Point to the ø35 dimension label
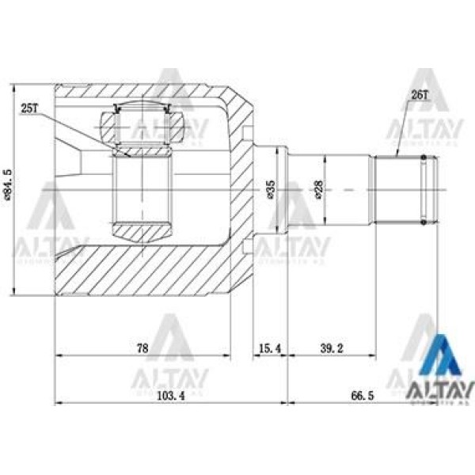[271, 190]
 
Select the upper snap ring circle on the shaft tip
[425, 158]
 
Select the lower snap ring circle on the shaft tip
[425, 222]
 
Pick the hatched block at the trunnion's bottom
[142, 231]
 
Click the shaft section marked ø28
[332, 189]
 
